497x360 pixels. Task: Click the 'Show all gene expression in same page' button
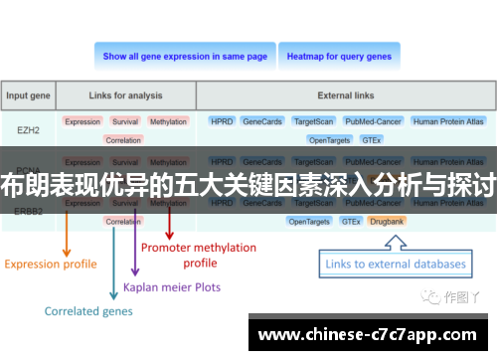[185, 57]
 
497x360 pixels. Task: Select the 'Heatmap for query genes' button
[339, 57]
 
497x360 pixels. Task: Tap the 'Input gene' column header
[29, 96]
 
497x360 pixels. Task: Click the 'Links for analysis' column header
[124, 96]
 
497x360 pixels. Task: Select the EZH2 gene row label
[29, 129]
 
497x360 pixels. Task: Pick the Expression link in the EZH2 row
[83, 121]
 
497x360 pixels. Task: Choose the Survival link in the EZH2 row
[125, 121]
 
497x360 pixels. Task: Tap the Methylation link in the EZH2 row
[168, 121]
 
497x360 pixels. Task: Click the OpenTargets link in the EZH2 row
[329, 140]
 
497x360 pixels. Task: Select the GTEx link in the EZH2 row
[372, 140]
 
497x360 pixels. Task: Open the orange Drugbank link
[388, 221]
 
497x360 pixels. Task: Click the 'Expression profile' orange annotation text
[51, 265]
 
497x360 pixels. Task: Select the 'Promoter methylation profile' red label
[199, 255]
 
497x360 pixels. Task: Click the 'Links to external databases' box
[395, 264]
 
